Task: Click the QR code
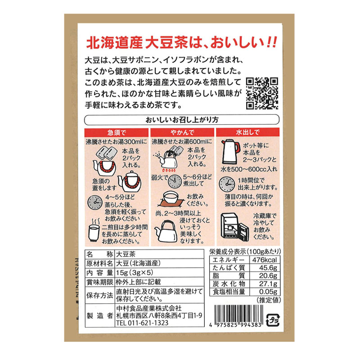click(x=262, y=94)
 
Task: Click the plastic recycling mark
click(x=273, y=320)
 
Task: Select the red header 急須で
click(x=117, y=133)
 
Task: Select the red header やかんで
click(x=182, y=132)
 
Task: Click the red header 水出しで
click(x=248, y=132)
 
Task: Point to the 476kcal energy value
click(x=265, y=260)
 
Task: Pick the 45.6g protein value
click(x=268, y=268)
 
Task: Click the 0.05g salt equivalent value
click(x=268, y=292)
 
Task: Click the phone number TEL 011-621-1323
click(x=142, y=323)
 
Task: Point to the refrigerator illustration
click(x=234, y=227)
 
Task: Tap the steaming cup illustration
click(x=94, y=230)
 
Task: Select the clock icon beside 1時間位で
click(x=227, y=184)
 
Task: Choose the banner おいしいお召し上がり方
click(x=182, y=120)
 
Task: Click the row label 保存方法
click(x=100, y=295)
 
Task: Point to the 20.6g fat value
click(x=268, y=275)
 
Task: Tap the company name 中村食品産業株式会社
click(x=149, y=308)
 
